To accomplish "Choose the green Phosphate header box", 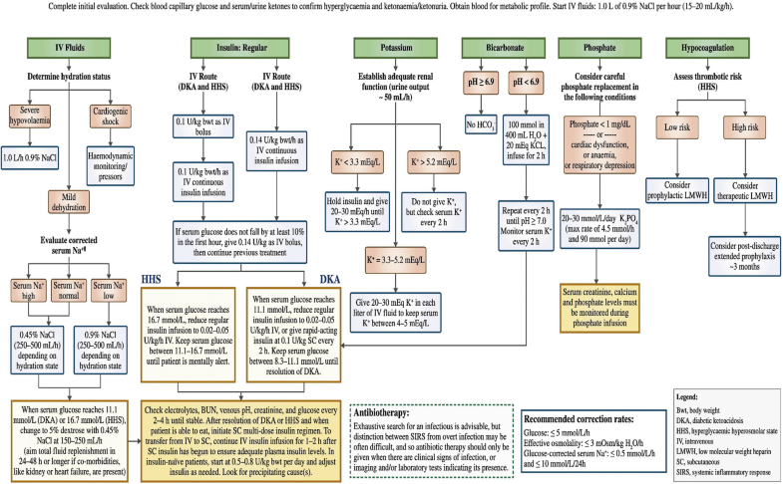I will [x=595, y=47].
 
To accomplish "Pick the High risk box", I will [x=741, y=130].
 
